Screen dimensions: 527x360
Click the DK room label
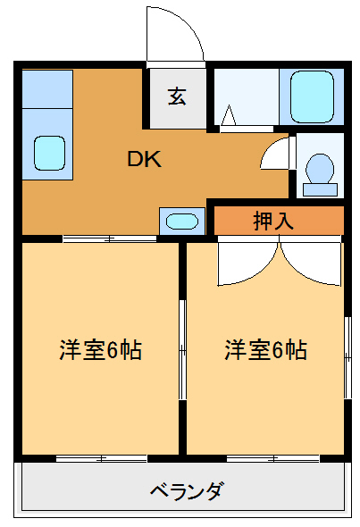(143, 160)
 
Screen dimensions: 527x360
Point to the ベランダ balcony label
(187, 490)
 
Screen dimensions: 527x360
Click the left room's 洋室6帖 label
(100, 349)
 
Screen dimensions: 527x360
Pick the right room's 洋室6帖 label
(265, 349)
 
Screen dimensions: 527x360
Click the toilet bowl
(319, 169)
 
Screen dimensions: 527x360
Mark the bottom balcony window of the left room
(101, 458)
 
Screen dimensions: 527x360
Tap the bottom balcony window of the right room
(270, 458)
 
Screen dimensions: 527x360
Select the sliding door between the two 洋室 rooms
(182, 348)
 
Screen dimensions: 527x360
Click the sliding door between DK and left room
(109, 238)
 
